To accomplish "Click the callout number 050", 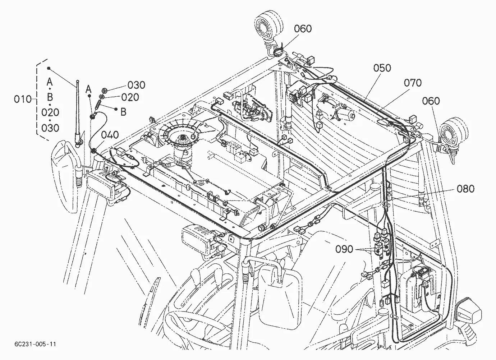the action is [x=382, y=68].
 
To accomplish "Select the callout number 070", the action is [x=413, y=83].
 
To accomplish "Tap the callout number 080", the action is [x=466, y=189].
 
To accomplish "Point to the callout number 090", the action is [x=344, y=249].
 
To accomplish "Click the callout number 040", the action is [x=110, y=135].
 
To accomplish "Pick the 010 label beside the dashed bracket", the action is [x=23, y=99].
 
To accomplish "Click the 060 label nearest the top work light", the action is [x=303, y=29].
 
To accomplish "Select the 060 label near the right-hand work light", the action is [x=431, y=101].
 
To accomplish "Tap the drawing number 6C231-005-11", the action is [x=35, y=344].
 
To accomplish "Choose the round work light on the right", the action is [x=454, y=132].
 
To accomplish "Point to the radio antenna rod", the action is [x=78, y=113].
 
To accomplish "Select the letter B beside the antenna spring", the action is [x=123, y=112].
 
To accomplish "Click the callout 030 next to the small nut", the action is [x=136, y=85].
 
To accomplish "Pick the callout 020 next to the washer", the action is [x=130, y=97].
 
